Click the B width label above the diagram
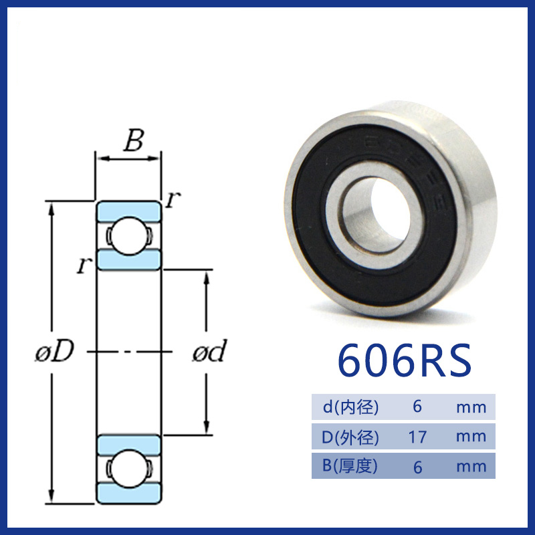(x=134, y=140)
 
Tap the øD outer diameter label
(x=55, y=350)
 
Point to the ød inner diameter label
(x=209, y=350)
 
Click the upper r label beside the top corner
(x=173, y=199)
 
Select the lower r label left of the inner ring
(x=84, y=265)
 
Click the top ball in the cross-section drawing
(x=128, y=236)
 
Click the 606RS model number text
(x=405, y=360)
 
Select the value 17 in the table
(x=417, y=437)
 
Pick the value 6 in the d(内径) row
(x=417, y=407)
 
